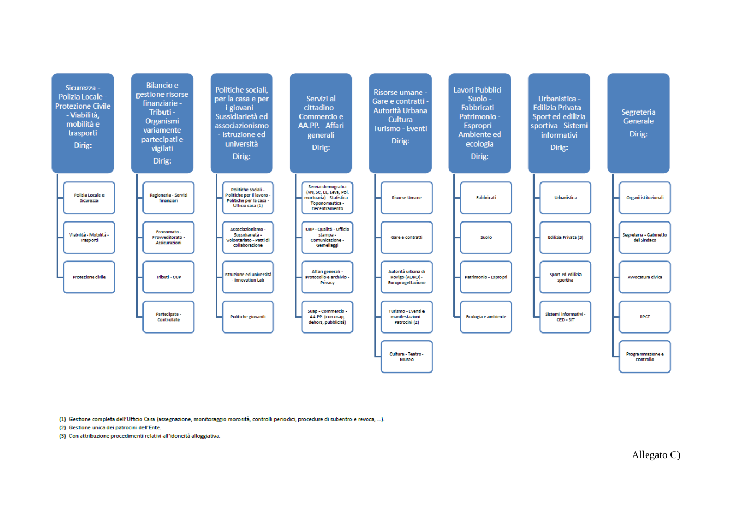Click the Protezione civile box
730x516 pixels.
pos(89,277)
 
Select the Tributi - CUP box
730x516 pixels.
pos(168,277)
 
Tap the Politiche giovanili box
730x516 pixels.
pos(248,317)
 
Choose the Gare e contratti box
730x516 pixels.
pos(407,237)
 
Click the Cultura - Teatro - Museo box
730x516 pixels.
pos(407,356)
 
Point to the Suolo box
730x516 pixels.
pos(486,237)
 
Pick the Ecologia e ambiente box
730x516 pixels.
pos(486,317)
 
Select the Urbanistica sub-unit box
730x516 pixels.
pos(565,198)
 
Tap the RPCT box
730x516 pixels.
pos(645,317)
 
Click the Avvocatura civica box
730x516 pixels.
pos(645,277)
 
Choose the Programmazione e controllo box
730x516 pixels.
pos(645,356)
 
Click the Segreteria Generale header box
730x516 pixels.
pos(638,123)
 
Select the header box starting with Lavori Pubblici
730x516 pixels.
pos(480,123)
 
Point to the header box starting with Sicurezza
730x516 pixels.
pos(83,123)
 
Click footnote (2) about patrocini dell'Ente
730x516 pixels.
pos(110,427)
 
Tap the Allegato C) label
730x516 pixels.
pos(656,454)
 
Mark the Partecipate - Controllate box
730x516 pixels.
pos(168,317)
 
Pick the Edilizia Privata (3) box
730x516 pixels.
pos(565,237)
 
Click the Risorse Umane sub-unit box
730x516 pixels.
pos(407,198)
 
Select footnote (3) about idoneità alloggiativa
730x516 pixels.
pos(140,436)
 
